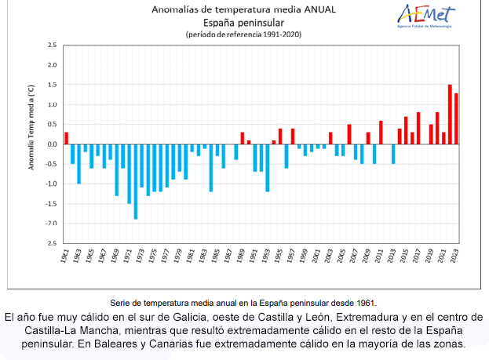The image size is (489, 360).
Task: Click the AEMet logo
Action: point(427,16)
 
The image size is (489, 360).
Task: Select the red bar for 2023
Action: point(456,118)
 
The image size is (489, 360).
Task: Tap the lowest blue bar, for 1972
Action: point(136,181)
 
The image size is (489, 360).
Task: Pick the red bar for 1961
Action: point(67,138)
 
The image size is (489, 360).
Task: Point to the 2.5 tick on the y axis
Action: point(53,45)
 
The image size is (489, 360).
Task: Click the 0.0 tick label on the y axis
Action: point(53,144)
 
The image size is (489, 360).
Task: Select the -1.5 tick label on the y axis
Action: point(51,204)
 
